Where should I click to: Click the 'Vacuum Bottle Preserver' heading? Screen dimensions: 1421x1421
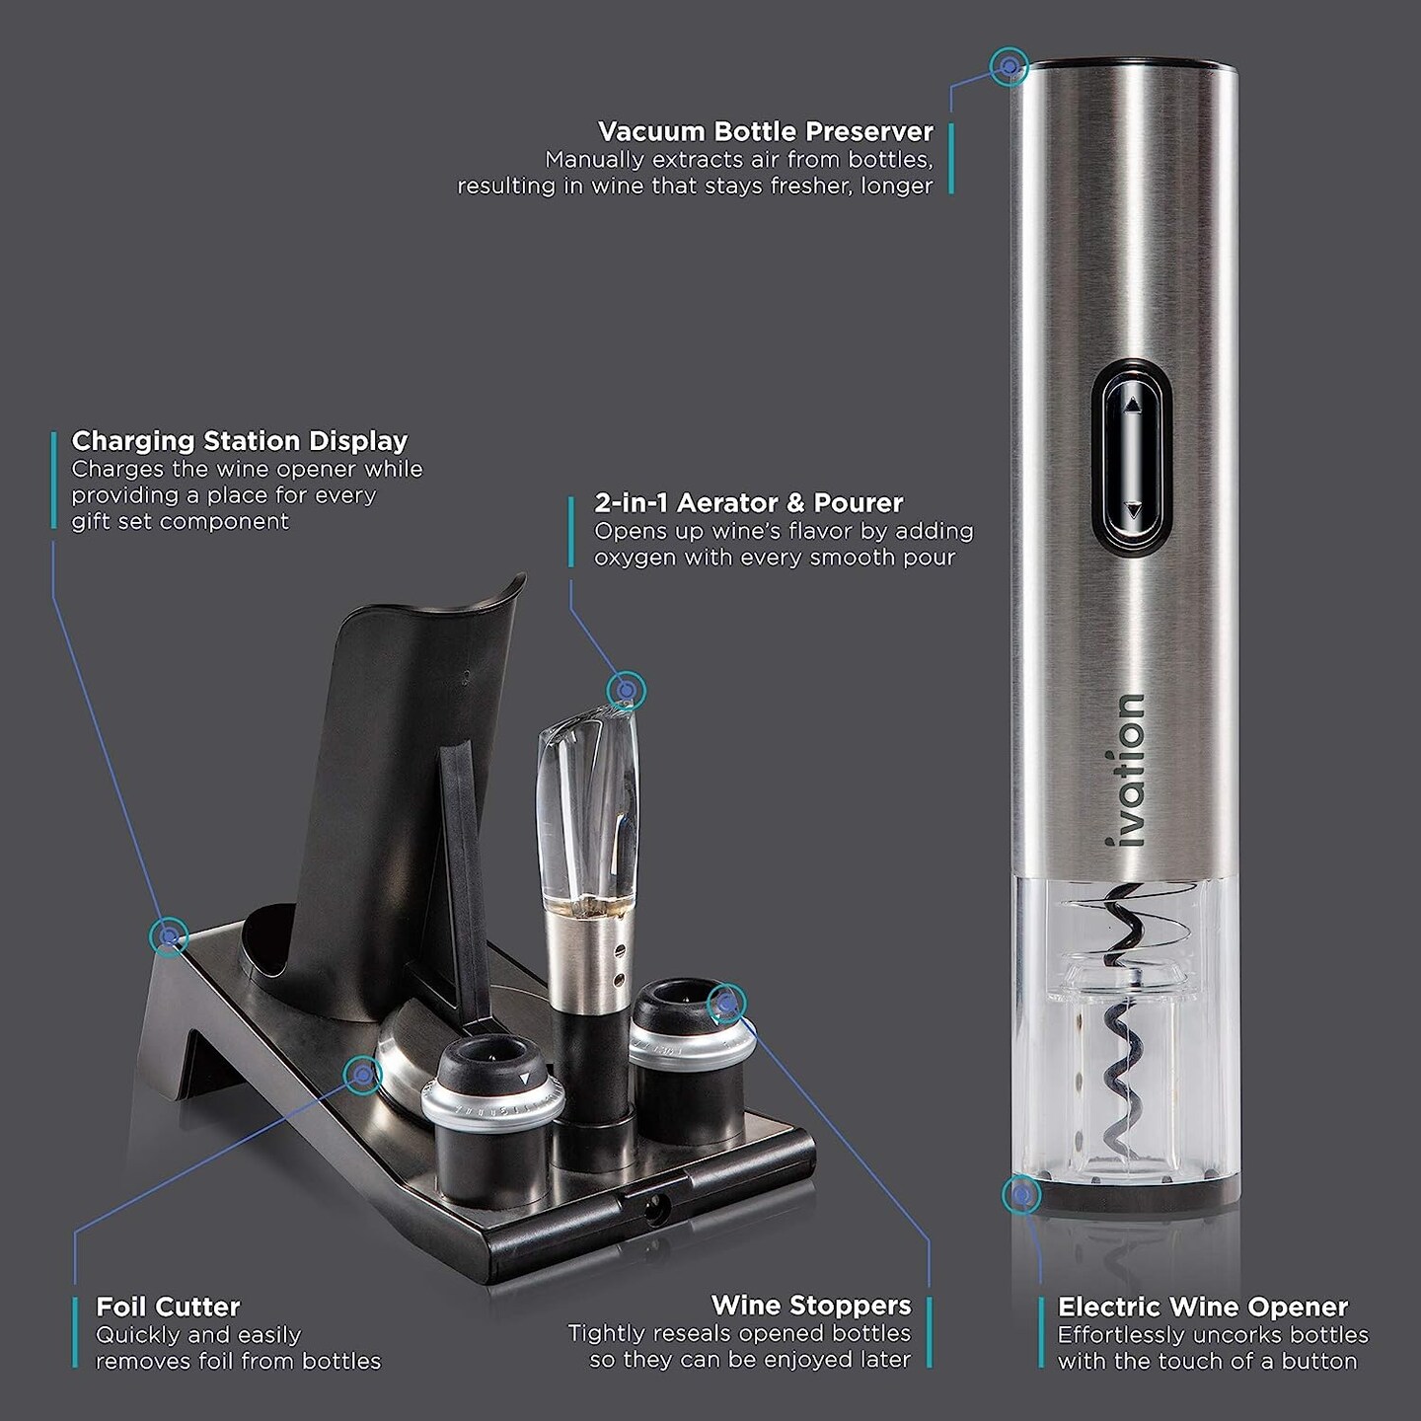pos(766,131)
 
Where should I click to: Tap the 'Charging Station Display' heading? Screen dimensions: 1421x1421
pos(240,441)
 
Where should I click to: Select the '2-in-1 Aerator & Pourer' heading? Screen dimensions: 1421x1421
pos(749,502)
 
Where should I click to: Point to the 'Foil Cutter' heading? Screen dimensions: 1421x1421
pos(168,1308)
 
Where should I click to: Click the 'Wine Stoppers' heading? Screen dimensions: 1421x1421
pos(811,1306)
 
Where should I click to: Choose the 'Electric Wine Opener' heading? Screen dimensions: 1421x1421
pos(1203,1308)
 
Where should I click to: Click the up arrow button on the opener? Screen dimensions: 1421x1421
pos(1132,405)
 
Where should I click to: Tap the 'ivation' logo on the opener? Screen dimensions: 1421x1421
pos(1126,770)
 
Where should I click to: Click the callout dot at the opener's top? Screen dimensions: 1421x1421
pos(1010,67)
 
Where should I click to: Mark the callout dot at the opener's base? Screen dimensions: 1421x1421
pos(1021,1195)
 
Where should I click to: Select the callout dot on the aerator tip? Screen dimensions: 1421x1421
pos(626,690)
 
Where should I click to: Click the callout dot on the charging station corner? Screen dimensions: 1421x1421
pos(169,934)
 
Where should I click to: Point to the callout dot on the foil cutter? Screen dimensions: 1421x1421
pos(363,1074)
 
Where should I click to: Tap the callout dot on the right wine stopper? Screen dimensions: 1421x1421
pos(727,1005)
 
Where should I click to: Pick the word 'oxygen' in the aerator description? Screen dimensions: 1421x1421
pos(635,558)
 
